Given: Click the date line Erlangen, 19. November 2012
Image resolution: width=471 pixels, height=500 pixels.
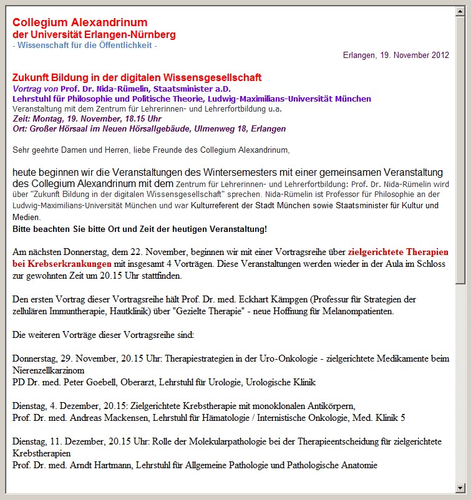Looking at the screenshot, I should click(396, 55).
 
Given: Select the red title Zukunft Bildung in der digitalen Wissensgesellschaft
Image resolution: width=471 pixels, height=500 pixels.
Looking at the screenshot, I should click(137, 78).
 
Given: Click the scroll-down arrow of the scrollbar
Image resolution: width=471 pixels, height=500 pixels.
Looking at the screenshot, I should click(460, 488).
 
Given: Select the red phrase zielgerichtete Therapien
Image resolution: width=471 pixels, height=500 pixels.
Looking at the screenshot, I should click(398, 252).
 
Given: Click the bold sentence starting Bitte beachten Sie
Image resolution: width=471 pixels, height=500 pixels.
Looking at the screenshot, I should click(140, 229).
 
